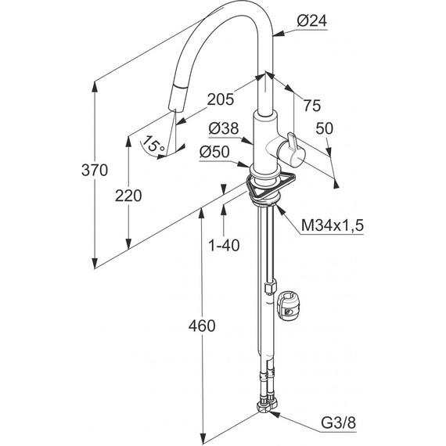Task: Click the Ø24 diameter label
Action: click(x=312, y=21)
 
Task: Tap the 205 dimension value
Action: click(x=221, y=99)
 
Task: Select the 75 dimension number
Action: click(x=311, y=106)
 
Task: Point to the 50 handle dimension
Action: click(x=324, y=128)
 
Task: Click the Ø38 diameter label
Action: click(x=224, y=128)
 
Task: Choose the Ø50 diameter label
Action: click(x=214, y=152)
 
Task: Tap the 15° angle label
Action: click(x=153, y=145)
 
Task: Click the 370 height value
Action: click(x=95, y=170)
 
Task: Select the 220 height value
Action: click(x=128, y=196)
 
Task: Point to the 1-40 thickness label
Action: click(x=224, y=245)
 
